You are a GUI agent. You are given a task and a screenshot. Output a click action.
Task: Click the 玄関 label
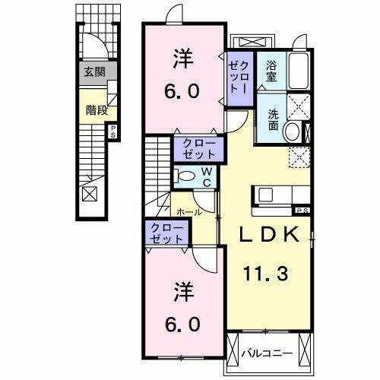coord(94,73)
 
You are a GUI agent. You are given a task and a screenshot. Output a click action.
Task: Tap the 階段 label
coord(94,108)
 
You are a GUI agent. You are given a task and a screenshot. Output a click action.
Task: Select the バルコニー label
coord(266,353)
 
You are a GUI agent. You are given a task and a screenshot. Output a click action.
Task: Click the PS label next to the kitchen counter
coord(302,210)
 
